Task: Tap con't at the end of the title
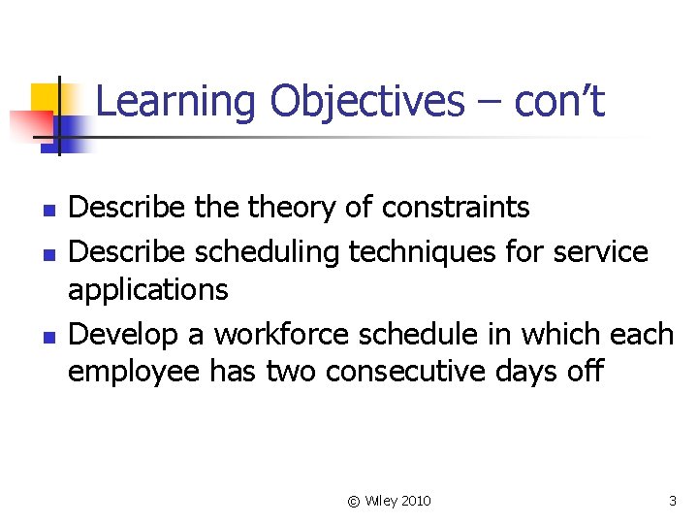pos(559,102)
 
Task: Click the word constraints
pos(456,207)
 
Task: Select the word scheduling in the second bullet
pos(269,251)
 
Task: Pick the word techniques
pos(423,251)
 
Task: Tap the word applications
pos(147,289)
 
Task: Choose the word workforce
pos(282,334)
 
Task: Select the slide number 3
pos(673,501)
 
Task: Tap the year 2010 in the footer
pos(414,501)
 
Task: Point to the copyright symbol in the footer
pos(353,501)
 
